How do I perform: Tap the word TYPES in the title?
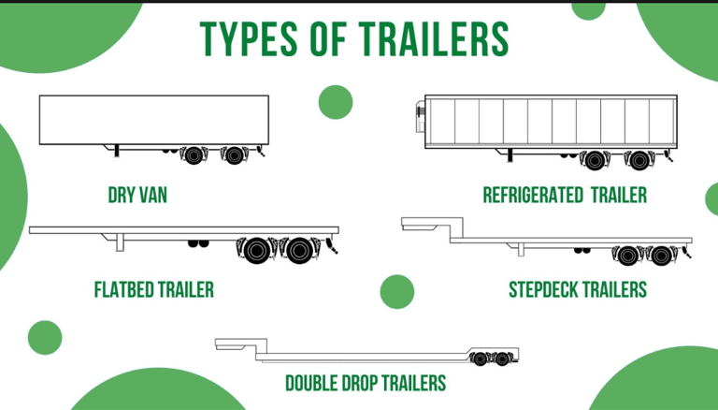click(246, 38)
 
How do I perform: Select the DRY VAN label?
click(137, 196)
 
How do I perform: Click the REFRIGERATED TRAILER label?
click(565, 195)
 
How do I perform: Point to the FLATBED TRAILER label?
click(153, 289)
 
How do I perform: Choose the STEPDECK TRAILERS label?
click(577, 289)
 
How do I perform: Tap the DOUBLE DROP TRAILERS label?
click(366, 383)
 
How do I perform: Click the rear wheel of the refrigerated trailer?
click(639, 160)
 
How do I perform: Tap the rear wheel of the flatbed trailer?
click(298, 250)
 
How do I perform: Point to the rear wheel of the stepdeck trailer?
click(662, 254)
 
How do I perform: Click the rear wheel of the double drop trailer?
click(503, 359)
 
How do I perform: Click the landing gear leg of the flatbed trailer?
click(120, 242)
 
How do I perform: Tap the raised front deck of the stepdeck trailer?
click(425, 223)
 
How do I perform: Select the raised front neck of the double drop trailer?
click(239, 342)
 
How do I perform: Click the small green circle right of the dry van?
click(335, 102)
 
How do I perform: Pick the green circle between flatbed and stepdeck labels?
click(396, 291)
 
